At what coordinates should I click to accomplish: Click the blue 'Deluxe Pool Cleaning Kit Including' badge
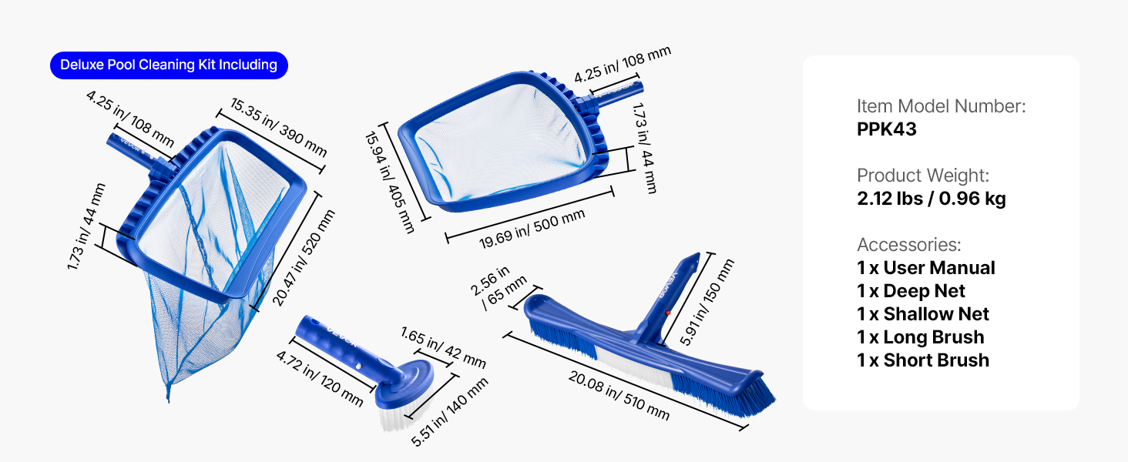pos(169,65)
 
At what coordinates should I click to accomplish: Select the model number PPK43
pos(886,129)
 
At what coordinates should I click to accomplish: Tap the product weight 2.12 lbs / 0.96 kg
pos(931,199)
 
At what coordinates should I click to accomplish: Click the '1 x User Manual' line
pos(925,268)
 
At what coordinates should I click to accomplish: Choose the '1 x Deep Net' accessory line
pos(911,291)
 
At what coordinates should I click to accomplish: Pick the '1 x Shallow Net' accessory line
pos(922,314)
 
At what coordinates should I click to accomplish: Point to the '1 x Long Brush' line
pos(920,337)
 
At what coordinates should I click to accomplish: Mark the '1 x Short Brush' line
pos(922,360)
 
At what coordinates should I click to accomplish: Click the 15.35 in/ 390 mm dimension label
pos(278,127)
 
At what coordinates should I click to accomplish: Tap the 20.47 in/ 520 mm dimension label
pos(303,258)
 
